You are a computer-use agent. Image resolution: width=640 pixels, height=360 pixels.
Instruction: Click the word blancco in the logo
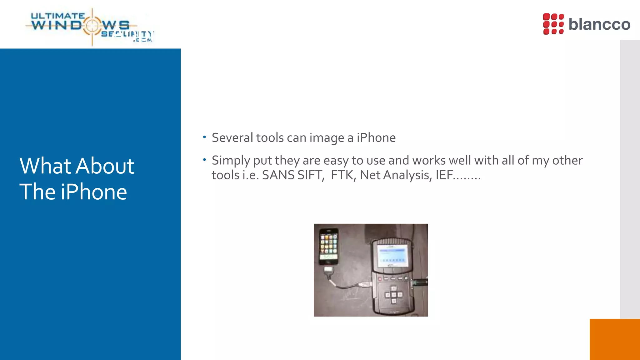(x=599, y=24)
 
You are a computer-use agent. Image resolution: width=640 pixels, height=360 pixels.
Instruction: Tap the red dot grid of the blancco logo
(x=553, y=24)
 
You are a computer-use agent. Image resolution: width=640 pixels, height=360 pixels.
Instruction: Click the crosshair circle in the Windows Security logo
(x=92, y=26)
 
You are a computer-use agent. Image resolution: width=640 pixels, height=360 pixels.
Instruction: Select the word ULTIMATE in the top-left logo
(x=58, y=16)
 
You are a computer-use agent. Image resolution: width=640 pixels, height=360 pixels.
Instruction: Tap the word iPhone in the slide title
(x=94, y=192)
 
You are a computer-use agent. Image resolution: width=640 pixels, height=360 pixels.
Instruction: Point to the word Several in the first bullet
(x=232, y=138)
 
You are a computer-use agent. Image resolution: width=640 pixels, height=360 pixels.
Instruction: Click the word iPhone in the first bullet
(x=376, y=138)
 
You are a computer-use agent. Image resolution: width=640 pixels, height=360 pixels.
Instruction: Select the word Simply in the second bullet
(x=231, y=161)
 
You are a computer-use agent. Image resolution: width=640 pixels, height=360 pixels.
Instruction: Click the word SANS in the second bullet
(x=278, y=175)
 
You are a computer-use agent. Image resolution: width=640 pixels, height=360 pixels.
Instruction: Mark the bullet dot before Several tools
(x=204, y=137)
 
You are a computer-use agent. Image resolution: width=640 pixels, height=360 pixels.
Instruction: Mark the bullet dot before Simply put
(x=204, y=160)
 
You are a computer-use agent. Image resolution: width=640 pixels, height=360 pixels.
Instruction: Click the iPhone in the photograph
(x=328, y=247)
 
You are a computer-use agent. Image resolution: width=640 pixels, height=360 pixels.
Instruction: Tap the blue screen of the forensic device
(x=392, y=255)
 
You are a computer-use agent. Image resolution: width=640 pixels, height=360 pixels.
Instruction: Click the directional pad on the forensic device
(x=393, y=294)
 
